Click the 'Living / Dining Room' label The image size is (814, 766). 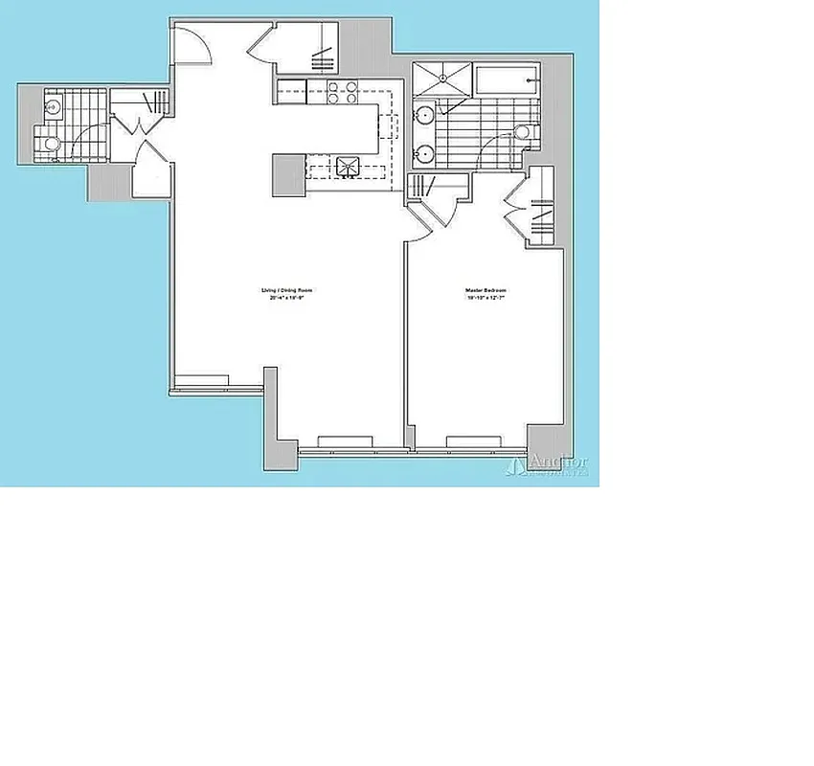coord(287,289)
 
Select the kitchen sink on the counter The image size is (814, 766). coord(347,167)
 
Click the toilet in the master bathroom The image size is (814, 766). coord(523,132)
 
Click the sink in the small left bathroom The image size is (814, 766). coord(54,104)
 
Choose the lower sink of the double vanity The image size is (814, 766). coord(423,152)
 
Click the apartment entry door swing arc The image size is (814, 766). coord(192,43)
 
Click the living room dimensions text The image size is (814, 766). coord(287,298)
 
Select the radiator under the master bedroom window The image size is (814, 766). coord(474,440)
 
